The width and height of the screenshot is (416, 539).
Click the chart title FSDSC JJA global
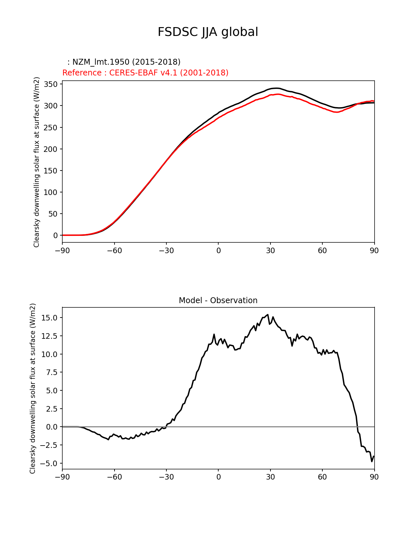pos(208,32)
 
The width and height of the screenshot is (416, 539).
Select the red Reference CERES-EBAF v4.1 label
pos(145,73)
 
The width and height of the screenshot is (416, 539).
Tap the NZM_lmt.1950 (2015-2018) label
pos(124,62)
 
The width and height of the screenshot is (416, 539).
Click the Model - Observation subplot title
pos(218,301)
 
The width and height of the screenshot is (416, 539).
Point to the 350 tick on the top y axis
pos(51,84)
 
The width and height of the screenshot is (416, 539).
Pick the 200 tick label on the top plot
pos(51,149)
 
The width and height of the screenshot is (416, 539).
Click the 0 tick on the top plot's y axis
pos(55,236)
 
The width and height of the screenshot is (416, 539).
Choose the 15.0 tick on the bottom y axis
pos(49,318)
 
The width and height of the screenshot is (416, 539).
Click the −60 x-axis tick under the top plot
pos(114,251)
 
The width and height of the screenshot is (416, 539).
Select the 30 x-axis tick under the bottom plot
pos(270,477)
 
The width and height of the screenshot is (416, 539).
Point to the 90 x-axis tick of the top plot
pos(374,251)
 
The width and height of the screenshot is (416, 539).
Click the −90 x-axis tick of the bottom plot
pos(62,477)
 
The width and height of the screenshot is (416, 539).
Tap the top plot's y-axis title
pos(37,162)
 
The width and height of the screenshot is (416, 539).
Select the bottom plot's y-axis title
pos(33,388)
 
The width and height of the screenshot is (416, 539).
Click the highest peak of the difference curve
pos(268,315)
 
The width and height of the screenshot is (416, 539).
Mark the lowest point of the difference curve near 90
pos(372,461)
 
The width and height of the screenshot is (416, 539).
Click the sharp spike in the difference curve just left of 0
pos(214,334)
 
